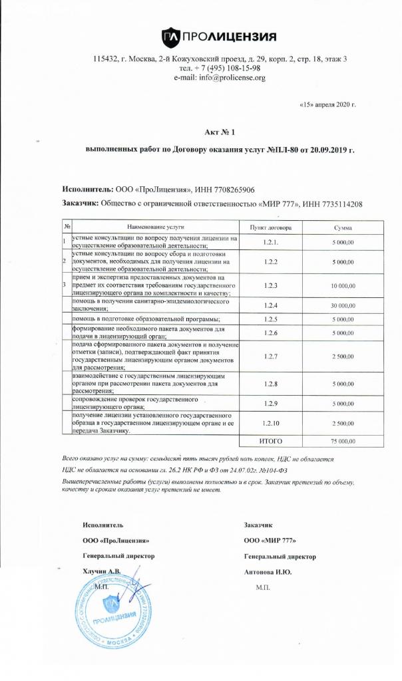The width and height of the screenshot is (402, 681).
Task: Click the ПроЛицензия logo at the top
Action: click(219, 36)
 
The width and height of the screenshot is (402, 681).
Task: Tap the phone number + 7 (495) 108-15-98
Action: click(228, 68)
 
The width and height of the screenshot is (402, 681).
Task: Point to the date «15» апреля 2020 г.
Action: click(328, 104)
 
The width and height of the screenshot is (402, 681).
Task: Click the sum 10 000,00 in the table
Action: click(343, 285)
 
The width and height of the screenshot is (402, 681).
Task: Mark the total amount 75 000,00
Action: click(343, 441)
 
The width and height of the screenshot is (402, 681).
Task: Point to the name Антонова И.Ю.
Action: click(269, 571)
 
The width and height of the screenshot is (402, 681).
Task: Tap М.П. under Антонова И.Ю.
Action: click(264, 588)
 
